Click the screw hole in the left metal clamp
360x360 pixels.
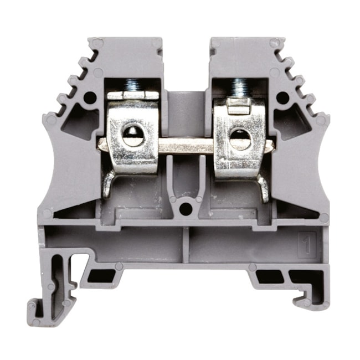pos(133,136)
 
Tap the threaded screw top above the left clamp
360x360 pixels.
pos(132,85)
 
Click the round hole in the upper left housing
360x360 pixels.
pos(89,98)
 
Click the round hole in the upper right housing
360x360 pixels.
pos(282,99)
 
